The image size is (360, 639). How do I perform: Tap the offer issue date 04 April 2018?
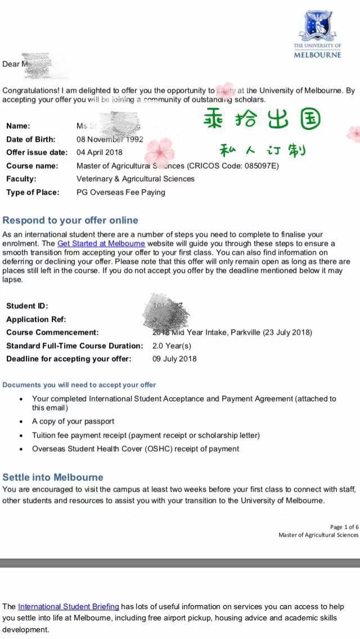pyautogui.click(x=99, y=152)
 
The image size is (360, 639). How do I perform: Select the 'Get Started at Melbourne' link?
pyautogui.click(x=101, y=244)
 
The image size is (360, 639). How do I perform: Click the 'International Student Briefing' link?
pyautogui.click(x=69, y=606)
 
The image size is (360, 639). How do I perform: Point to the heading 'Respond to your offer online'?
pyautogui.click(x=70, y=220)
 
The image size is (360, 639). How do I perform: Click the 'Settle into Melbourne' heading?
pyautogui.click(x=53, y=478)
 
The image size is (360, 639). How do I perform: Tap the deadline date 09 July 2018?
pyautogui.click(x=174, y=359)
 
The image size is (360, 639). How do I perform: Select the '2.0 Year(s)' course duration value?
pyautogui.click(x=172, y=346)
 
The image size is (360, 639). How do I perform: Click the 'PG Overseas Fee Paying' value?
pyautogui.click(x=121, y=192)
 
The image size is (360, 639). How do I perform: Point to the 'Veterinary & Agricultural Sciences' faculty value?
pyautogui.click(x=136, y=179)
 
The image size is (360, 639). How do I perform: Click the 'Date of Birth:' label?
pyautogui.click(x=31, y=139)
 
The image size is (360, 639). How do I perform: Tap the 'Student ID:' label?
pyautogui.click(x=27, y=306)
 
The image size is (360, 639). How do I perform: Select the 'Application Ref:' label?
pyautogui.click(x=35, y=319)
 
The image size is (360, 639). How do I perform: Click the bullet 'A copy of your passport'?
pyautogui.click(x=73, y=421)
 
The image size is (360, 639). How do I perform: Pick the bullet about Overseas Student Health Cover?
pyautogui.click(x=136, y=449)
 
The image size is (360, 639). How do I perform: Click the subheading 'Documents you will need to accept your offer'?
pyautogui.click(x=79, y=385)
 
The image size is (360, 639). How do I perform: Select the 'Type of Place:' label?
pyautogui.click(x=33, y=192)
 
